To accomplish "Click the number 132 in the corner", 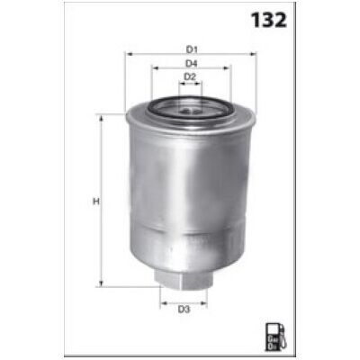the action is coord(269,20).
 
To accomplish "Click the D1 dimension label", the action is coord(192,49).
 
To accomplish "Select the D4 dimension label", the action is coord(191,64).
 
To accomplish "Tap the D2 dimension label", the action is coord(190,77).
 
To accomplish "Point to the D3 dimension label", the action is coord(184,310).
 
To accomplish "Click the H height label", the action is coord(96,202).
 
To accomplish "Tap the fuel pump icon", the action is coord(276,337).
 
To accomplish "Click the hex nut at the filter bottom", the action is coord(183,279).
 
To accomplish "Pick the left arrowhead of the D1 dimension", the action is coord(130,54).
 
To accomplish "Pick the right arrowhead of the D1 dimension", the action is coord(254,54).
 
